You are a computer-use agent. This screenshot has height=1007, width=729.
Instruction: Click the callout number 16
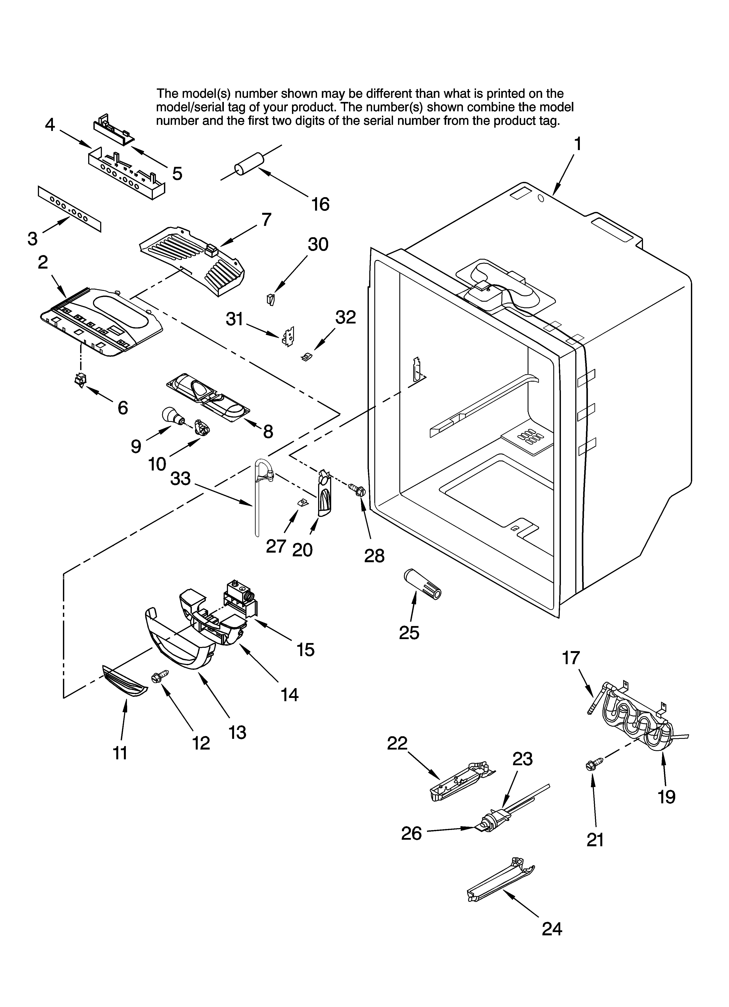[x=320, y=204]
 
